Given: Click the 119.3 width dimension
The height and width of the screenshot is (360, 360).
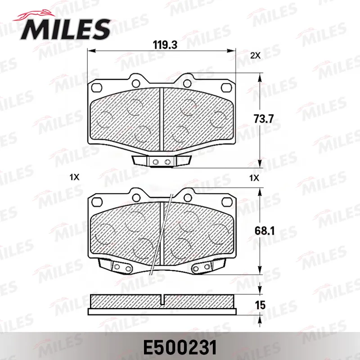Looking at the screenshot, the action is [165, 45].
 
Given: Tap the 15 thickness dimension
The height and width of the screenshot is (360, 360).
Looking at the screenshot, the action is [260, 305].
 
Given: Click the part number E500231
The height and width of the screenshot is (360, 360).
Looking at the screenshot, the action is [180, 347].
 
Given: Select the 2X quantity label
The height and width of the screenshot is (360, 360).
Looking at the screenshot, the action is [255, 55].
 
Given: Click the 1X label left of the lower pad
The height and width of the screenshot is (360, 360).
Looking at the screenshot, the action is [74, 177].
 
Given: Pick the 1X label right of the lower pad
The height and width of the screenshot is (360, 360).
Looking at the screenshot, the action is [254, 178].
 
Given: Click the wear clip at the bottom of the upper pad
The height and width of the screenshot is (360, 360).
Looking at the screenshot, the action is [162, 161].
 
